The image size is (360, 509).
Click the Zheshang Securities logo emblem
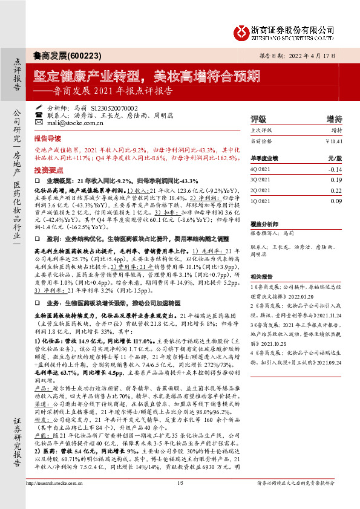pyautogui.click(x=241, y=31)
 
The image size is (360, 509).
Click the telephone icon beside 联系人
pyautogui.click(x=39, y=114)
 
